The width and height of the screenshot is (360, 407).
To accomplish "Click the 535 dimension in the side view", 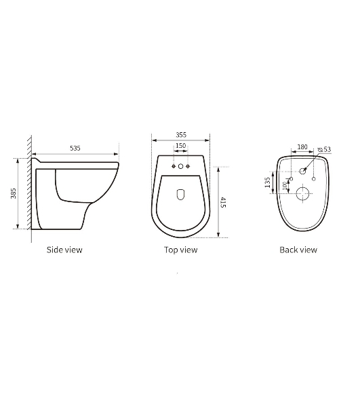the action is click(x=75, y=148).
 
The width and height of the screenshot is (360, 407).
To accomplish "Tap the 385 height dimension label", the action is click(x=14, y=193).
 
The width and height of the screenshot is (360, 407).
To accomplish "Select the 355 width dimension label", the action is click(x=181, y=135).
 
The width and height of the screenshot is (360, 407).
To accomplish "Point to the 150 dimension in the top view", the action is click(x=181, y=146).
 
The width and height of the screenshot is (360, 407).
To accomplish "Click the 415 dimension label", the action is click(x=223, y=202).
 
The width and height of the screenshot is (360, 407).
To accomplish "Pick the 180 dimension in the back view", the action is click(x=302, y=147).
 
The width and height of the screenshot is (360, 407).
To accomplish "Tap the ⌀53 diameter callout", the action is click(x=325, y=149).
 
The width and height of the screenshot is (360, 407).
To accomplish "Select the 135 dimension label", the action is click(x=267, y=182).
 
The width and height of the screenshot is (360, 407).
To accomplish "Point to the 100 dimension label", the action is click(x=284, y=186).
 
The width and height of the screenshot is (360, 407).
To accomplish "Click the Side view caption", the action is click(x=64, y=250).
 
